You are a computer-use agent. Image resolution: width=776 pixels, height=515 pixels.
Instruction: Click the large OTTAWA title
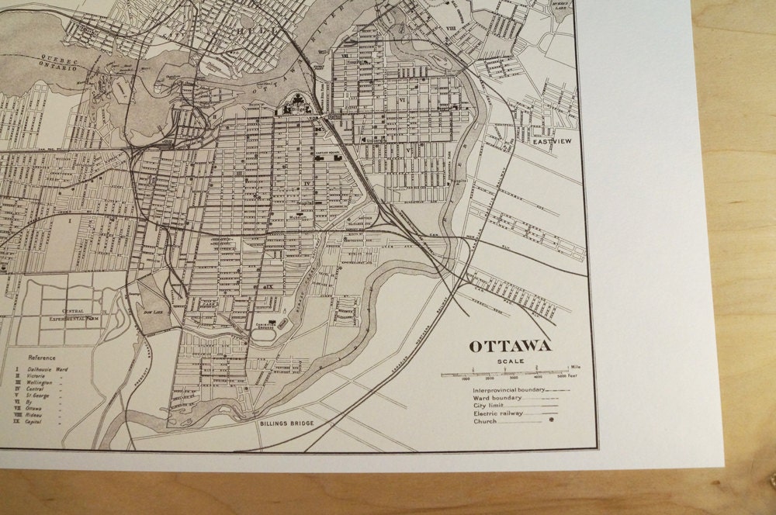pyautogui.click(x=509, y=347)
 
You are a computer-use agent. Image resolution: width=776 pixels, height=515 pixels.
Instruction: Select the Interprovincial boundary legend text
pyautogui.click(x=508, y=390)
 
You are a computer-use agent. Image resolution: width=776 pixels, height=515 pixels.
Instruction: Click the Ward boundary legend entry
pyautogui.click(x=497, y=398)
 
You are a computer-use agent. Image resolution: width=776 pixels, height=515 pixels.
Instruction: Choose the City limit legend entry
pyautogui.click(x=490, y=406)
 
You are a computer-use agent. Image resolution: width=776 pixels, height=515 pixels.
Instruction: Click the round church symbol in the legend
pyautogui.click(x=552, y=421)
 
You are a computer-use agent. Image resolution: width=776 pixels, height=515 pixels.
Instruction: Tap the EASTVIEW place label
pyautogui.click(x=552, y=142)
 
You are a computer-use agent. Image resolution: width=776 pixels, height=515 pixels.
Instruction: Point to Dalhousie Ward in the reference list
pyautogui.click(x=47, y=369)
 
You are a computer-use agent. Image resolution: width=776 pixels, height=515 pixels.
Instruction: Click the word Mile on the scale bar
pyautogui.click(x=575, y=366)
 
